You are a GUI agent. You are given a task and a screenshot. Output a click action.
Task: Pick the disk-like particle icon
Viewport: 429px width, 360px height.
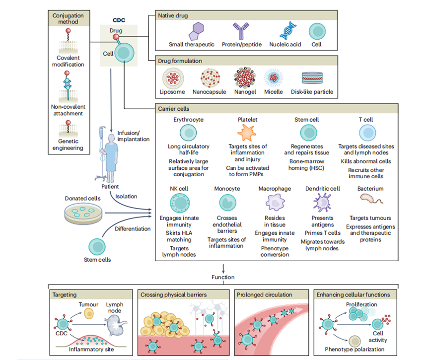click(312, 78)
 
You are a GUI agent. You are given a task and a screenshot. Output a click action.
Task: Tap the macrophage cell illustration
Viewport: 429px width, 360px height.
click(274, 203)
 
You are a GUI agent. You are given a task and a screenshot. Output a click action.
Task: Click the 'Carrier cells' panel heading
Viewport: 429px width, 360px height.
click(173, 108)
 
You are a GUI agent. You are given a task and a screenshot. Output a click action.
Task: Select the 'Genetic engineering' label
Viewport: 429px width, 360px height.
click(67, 144)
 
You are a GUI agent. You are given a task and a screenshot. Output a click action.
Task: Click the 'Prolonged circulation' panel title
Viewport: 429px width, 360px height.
click(265, 294)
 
